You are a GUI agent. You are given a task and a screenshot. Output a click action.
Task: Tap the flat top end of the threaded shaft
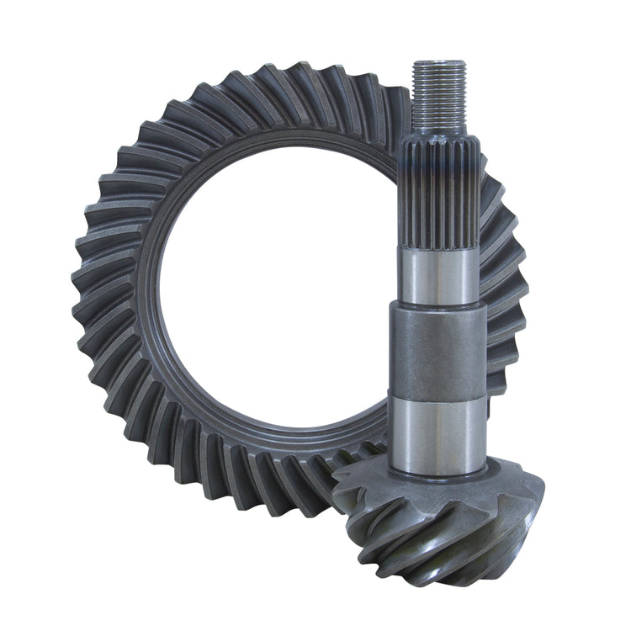[x=439, y=63]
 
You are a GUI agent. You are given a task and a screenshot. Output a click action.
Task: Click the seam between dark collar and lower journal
[x=437, y=400]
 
